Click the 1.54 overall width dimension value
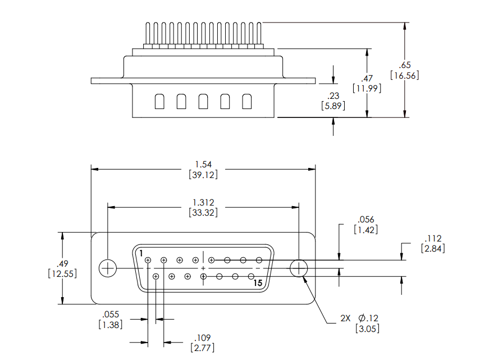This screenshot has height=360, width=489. pyautogui.click(x=203, y=165)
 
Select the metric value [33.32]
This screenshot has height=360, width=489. pyautogui.click(x=203, y=213)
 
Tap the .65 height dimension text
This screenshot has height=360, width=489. pyautogui.click(x=405, y=65)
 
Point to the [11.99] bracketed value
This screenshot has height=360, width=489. pyautogui.click(x=367, y=88)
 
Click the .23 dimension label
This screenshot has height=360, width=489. pyautogui.click(x=333, y=96)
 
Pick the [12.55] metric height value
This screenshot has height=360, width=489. pyautogui.click(x=62, y=274)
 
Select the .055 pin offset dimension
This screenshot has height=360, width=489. pyautogui.click(x=111, y=315)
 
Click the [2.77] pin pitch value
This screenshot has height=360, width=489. pyautogui.click(x=203, y=348)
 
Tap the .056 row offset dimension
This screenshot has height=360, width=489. pyautogui.click(x=366, y=220)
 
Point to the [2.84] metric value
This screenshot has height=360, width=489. pyautogui.click(x=433, y=249)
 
